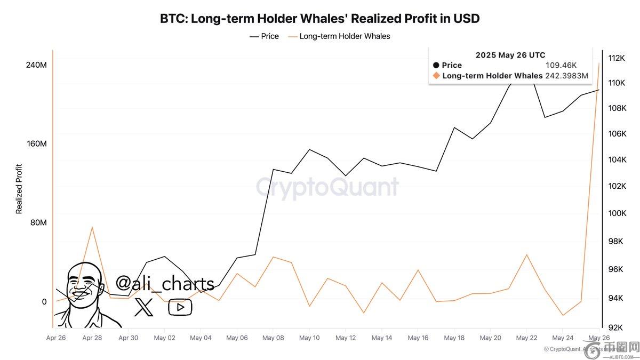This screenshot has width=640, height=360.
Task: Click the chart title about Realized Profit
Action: [319, 18]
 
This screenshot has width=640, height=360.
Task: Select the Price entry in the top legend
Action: [265, 36]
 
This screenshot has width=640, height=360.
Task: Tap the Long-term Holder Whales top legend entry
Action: [339, 36]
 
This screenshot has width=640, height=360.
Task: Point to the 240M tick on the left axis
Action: [37, 65]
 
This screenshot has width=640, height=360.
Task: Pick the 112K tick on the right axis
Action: [616, 58]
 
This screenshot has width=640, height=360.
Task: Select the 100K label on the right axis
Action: [616, 213]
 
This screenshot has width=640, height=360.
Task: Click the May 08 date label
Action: [273, 338]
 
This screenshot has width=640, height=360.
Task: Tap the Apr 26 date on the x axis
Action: [56, 338]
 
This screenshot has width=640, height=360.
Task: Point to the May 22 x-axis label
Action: [526, 338]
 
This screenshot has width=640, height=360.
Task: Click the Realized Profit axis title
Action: [19, 189]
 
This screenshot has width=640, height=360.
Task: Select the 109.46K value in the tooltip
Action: [561, 65]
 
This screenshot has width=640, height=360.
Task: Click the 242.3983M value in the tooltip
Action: [566, 76]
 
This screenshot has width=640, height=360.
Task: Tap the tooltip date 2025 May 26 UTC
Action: [510, 55]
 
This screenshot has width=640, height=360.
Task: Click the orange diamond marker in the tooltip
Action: [436, 76]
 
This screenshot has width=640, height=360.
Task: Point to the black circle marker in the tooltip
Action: [436, 65]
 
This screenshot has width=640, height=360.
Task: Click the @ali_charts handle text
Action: [165, 284]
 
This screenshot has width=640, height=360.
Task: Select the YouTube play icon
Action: [180, 307]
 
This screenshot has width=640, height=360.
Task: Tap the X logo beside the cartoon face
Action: [143, 307]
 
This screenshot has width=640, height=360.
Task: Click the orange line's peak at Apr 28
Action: [92, 227]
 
